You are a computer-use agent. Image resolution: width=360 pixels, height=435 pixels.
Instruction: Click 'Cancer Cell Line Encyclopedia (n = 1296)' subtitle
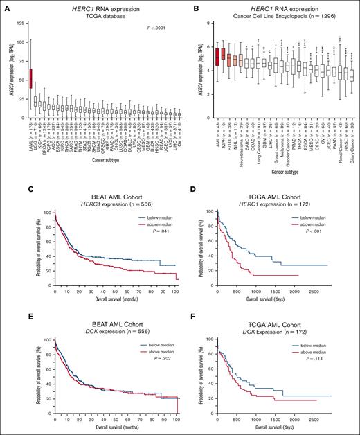point(275,16)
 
